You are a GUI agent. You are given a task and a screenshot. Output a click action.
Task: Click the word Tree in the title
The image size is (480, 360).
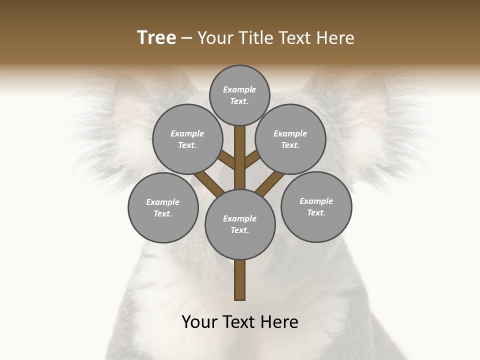point(156,38)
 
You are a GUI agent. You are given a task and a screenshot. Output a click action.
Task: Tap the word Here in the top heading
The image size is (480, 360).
point(335,38)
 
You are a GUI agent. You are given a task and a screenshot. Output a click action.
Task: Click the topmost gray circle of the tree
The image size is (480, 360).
point(239,95)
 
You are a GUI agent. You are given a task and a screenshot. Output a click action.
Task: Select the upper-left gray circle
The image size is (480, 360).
point(187,139)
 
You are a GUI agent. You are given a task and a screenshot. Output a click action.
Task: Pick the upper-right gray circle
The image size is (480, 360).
point(290,139)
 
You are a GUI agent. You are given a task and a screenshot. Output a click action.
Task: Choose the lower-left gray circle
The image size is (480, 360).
point(163,207)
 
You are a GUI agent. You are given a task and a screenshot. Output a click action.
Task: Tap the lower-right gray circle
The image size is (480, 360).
point(316,206)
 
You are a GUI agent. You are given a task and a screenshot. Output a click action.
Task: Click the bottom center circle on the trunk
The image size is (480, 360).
point(240,224)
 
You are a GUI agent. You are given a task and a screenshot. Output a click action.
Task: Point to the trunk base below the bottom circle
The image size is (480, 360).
point(240,280)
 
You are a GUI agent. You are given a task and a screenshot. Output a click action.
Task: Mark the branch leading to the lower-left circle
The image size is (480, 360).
point(209,182)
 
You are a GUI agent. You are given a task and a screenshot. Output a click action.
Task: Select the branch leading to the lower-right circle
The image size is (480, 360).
point(270,182)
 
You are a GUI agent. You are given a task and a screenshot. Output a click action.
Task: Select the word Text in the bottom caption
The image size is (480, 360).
point(239,322)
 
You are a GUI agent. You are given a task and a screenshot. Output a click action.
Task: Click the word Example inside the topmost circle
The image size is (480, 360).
point(239,90)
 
